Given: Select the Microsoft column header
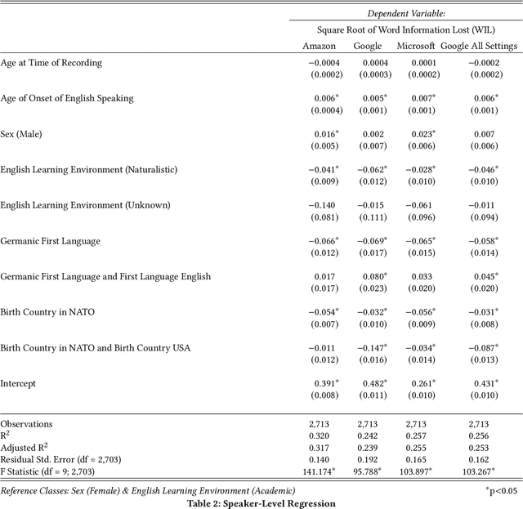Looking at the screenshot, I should (x=416, y=46).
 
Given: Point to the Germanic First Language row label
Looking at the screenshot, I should (x=50, y=241).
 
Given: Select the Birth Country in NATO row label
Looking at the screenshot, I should (x=48, y=312).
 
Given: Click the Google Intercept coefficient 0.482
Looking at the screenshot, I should (x=369, y=383).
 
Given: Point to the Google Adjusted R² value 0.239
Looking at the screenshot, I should (x=367, y=449).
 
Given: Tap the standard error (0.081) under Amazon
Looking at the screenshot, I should (x=320, y=217).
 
